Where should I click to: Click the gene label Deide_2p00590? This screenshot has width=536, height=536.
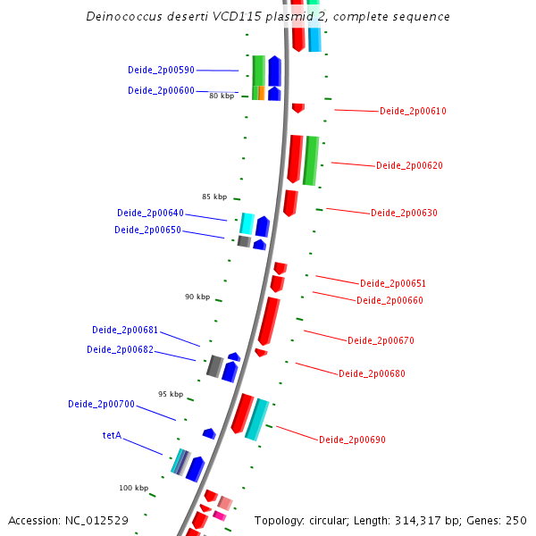[161, 70]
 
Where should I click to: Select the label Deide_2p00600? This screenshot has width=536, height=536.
[161, 90]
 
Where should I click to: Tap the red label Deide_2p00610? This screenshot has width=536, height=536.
[413, 112]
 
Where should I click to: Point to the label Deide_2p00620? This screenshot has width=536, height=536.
[409, 166]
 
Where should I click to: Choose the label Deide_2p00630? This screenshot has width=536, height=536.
[404, 213]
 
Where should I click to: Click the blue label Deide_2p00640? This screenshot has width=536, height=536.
[150, 214]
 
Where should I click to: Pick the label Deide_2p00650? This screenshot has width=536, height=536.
[147, 230]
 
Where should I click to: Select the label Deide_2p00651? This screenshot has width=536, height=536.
[393, 284]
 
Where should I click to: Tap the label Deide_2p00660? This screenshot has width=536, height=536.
[389, 300]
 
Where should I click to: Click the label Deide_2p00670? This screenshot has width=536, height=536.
[381, 340]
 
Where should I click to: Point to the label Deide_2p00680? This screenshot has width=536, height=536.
[372, 373]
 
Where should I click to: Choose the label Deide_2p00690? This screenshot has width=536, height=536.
[352, 440]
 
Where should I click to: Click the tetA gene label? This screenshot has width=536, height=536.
[112, 437]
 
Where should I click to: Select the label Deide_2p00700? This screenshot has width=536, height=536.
[101, 405]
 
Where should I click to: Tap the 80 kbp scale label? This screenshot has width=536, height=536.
[222, 96]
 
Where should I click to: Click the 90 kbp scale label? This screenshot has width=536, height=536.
[197, 297]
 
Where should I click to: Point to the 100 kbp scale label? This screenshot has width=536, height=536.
[133, 488]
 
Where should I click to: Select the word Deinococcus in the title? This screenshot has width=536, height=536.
[123, 17]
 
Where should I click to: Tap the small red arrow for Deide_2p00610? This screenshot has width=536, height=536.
[298, 108]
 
